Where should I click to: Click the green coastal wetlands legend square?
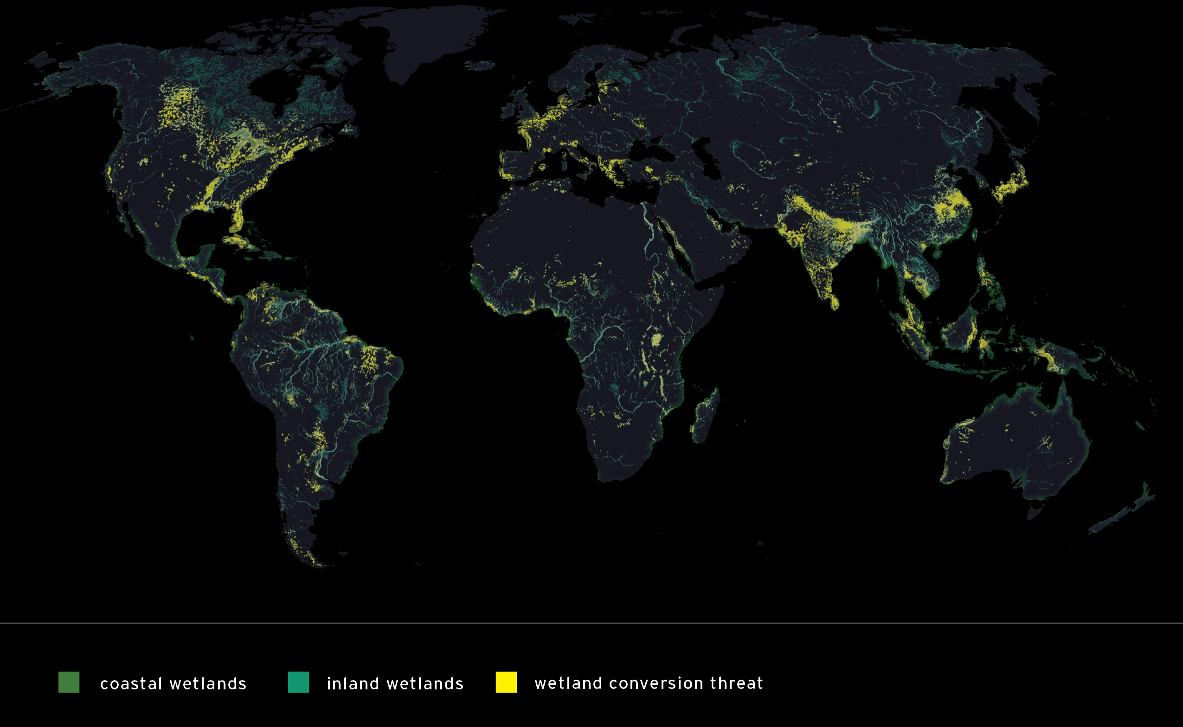pos(69,682)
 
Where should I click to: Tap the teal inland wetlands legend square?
pos(298,682)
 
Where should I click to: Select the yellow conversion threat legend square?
pos(506,682)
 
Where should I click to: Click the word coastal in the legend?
pos(131,684)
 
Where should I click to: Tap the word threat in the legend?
pos(736,683)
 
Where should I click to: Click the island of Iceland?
pos(482,65)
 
